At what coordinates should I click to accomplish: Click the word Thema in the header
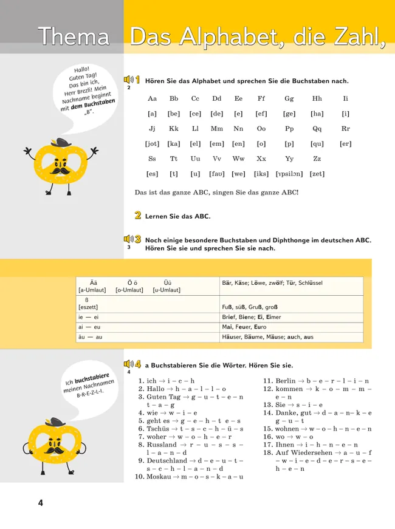tap(73, 37)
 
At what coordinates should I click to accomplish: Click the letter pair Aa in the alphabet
tap(153, 98)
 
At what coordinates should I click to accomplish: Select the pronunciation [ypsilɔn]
tap(289, 174)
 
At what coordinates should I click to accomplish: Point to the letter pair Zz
tap(317, 159)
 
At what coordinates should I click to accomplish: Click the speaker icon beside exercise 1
tap(128, 80)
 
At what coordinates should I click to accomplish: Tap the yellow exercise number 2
tap(138, 216)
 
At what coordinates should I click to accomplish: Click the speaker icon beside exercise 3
tap(128, 239)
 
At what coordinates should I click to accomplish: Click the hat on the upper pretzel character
tap(58, 145)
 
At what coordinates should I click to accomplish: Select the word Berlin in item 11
tap(286, 381)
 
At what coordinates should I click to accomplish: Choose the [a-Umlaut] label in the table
tap(93, 290)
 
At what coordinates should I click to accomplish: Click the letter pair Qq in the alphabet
tap(317, 129)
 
